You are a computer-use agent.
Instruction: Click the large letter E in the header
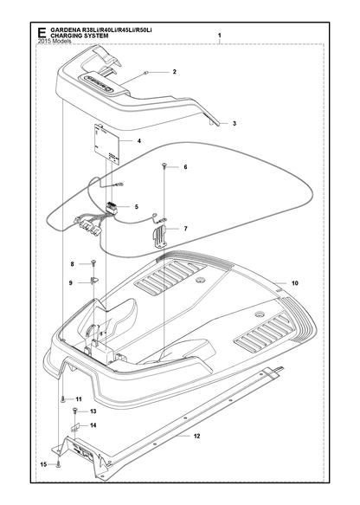[42, 33]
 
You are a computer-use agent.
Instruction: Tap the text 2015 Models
[55, 42]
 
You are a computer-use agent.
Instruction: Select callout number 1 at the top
[220, 35]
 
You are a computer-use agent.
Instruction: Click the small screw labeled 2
[146, 73]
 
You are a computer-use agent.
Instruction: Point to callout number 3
[235, 123]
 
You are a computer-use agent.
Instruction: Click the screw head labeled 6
[164, 165]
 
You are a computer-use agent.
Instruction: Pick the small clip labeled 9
[95, 281]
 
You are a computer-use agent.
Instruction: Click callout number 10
[295, 283]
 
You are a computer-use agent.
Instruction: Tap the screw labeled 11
[62, 399]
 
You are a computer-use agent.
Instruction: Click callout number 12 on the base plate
[197, 436]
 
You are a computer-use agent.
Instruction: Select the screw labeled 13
[75, 411]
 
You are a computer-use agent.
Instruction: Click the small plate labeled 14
[74, 428]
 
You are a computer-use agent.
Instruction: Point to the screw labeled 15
[58, 464]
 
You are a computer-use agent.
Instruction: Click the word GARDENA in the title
[65, 30]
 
